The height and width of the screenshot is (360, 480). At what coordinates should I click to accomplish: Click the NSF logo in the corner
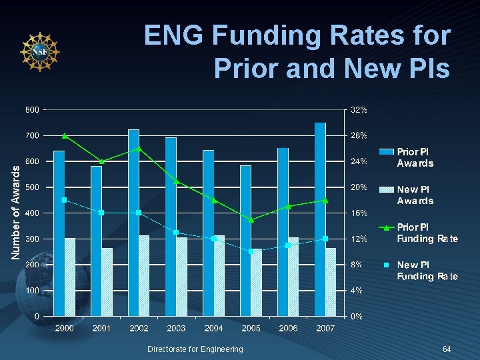point(39,51)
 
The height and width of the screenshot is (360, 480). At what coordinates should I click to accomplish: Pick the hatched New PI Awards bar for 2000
point(70,277)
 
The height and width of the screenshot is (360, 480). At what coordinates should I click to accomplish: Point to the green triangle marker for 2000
point(65,135)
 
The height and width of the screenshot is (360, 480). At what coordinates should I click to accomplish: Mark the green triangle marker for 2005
point(251,219)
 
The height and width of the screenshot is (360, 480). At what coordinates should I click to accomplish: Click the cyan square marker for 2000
point(64,200)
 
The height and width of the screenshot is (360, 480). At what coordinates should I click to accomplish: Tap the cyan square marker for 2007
point(325,239)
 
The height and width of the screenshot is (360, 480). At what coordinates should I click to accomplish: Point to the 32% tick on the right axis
point(359,109)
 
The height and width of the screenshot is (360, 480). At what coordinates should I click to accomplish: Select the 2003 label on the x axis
point(176,329)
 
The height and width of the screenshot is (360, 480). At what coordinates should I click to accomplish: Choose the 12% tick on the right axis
point(359,239)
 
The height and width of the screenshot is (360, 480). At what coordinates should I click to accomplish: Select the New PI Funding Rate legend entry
point(427,271)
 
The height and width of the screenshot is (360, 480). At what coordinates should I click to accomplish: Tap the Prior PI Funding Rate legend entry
point(427,233)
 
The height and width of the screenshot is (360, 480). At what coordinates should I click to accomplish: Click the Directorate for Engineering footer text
point(195,349)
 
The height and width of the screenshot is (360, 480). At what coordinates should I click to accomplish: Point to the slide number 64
point(447,349)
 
